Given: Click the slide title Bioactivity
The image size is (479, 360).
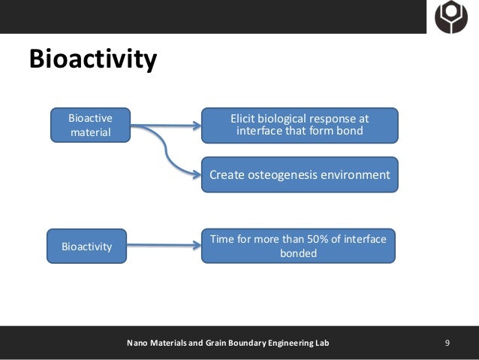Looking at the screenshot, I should (92, 59).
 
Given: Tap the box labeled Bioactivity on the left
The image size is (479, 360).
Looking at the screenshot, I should (86, 245).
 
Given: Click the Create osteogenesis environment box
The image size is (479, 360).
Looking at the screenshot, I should (300, 175).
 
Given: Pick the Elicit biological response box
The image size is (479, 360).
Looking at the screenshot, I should (300, 125).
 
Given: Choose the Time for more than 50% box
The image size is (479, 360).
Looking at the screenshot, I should (298, 246).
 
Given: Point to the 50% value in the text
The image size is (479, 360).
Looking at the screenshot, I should (310, 239).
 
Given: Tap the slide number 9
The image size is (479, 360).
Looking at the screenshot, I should (447, 343).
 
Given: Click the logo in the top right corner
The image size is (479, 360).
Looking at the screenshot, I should (451, 16).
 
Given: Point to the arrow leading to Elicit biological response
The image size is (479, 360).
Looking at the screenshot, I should (165, 126).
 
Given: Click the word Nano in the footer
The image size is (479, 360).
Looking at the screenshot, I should (137, 343).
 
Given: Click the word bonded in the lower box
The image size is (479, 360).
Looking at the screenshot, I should (299, 253).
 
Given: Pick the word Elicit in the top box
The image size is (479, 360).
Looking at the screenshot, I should (244, 118).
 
